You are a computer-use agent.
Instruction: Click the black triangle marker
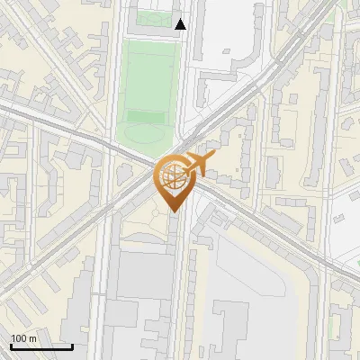[181, 23]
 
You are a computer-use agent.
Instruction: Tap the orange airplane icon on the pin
[198, 165]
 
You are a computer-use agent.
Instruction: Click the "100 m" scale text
[23, 337]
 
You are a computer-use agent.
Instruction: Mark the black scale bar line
[41, 346]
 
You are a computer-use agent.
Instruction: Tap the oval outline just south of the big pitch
[144, 136]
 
